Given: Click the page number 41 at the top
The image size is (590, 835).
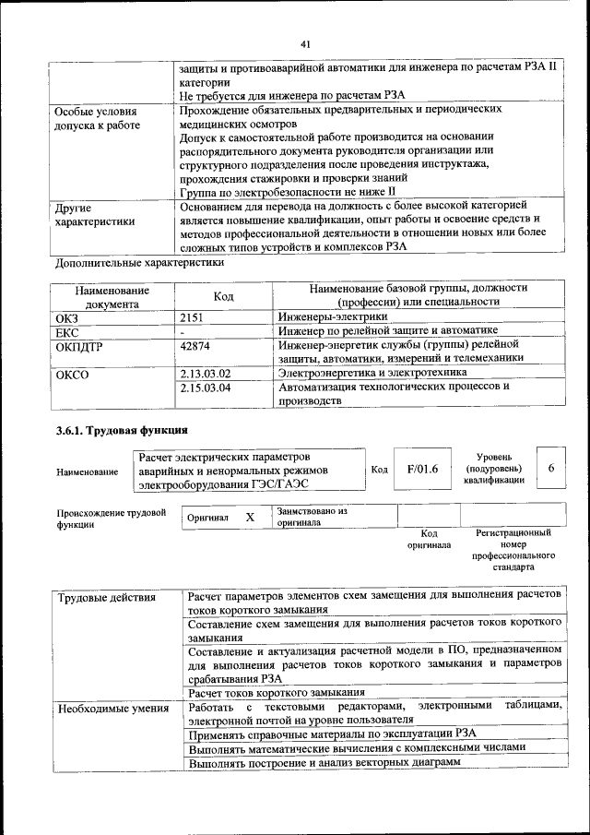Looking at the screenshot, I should [x=305, y=43].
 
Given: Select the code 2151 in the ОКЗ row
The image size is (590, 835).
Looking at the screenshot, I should [x=192, y=316].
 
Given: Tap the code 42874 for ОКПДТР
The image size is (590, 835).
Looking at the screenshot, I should [x=195, y=344].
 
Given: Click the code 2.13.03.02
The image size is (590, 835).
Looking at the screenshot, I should [x=206, y=373].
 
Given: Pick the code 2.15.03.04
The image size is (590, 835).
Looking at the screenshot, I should [x=206, y=388].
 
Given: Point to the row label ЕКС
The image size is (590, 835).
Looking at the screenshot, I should [x=67, y=330].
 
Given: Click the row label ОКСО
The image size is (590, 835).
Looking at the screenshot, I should [x=71, y=374].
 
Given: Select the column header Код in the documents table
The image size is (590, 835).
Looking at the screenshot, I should [x=223, y=296].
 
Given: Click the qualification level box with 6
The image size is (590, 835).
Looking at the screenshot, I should [x=550, y=469].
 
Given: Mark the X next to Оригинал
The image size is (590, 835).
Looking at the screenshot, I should [x=249, y=518].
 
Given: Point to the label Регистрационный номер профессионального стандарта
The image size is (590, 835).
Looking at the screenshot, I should [x=513, y=550].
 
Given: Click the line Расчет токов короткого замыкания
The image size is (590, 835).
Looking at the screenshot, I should [x=276, y=692].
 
